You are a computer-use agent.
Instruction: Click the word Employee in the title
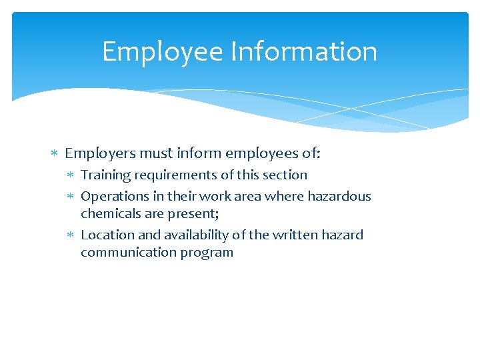pos(162,52)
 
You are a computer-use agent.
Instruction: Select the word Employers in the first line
pos(100,154)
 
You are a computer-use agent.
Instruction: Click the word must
pos(158,154)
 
